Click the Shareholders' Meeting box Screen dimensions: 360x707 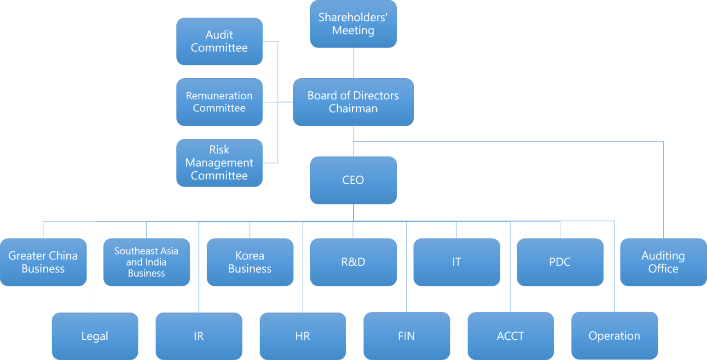click(353, 24)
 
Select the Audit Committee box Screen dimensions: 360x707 click(219, 41)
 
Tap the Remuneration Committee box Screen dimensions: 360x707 click(219, 102)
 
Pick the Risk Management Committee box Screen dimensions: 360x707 click(219, 163)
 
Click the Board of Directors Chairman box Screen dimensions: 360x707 click(353, 102)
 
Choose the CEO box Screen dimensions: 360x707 click(353, 180)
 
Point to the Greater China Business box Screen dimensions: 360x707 click(43, 262)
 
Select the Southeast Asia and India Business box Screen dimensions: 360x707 click(146, 262)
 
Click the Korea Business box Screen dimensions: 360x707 click(250, 262)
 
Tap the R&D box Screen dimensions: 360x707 click(353, 262)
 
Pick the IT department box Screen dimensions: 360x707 click(457, 262)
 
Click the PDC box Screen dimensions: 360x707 click(560, 262)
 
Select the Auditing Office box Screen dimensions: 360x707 click(663, 262)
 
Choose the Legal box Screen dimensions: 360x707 click(95, 336)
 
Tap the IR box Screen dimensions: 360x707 click(199, 336)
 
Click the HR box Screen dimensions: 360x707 click(302, 336)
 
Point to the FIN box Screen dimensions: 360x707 click(406, 336)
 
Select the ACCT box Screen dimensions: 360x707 click(510, 336)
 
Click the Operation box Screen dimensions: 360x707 click(614, 336)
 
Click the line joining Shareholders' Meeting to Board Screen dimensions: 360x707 click(353, 63)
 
